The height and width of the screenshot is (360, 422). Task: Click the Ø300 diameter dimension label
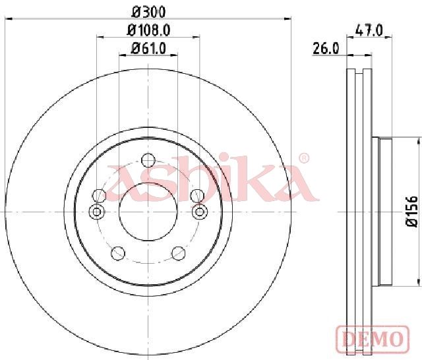148,12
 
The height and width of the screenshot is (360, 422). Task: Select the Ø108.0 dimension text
148,30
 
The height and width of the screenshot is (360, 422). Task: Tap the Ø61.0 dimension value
148,49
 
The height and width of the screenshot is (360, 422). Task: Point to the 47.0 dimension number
369,30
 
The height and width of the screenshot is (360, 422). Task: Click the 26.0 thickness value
326,49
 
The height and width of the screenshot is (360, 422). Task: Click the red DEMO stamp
373,338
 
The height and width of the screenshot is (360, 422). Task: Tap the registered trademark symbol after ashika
305,158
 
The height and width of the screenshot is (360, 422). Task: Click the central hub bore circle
148,212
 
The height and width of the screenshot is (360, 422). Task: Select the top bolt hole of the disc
148,160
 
